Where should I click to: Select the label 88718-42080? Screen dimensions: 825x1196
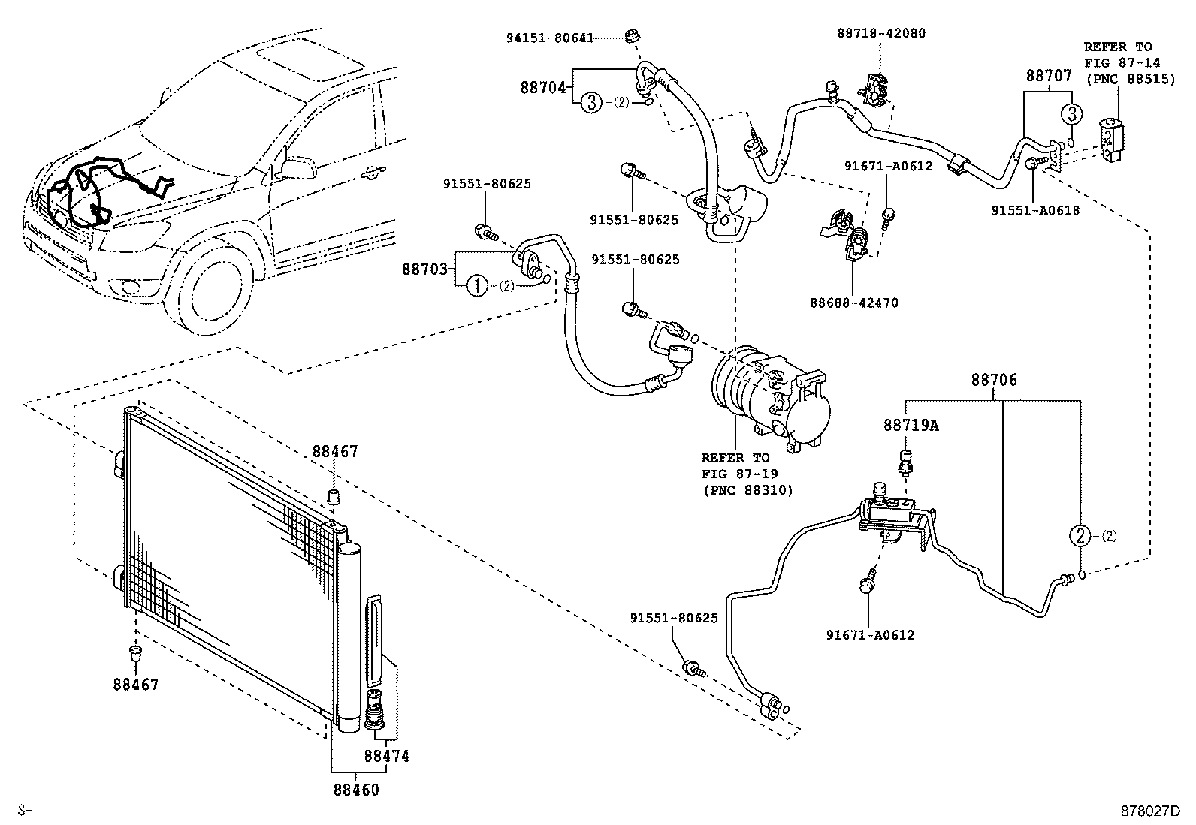click(x=881, y=33)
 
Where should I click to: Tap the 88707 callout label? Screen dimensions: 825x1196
click(x=1049, y=76)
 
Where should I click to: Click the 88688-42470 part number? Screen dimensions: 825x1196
click(x=853, y=303)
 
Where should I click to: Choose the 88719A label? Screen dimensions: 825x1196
click(x=911, y=426)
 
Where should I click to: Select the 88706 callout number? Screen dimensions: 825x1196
click(x=994, y=381)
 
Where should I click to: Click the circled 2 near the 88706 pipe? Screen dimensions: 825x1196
click(x=1080, y=536)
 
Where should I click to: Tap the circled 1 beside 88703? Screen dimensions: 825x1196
click(x=476, y=285)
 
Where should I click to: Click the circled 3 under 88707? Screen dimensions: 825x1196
click(x=1071, y=115)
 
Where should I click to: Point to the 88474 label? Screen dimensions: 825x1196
click(x=386, y=756)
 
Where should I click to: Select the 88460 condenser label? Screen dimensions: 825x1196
click(x=356, y=790)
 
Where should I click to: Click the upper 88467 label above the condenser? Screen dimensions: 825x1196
click(x=335, y=452)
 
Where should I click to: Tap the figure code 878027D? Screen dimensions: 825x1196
click(x=1150, y=811)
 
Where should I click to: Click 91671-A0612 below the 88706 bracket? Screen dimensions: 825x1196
click(x=868, y=635)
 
